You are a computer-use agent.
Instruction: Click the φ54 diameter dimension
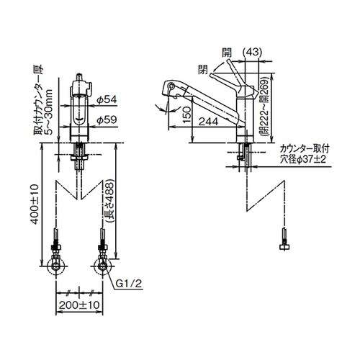tap(107, 99)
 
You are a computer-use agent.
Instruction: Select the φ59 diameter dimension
tap(107, 120)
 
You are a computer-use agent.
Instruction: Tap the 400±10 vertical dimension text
tap(35, 204)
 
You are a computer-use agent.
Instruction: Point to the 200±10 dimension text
tap(79, 305)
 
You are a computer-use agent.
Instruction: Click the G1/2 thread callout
tap(129, 284)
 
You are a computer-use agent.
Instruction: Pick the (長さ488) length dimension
tap(109, 202)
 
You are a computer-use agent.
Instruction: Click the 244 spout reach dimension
tap(208, 122)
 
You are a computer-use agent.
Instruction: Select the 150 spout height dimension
tap(187, 114)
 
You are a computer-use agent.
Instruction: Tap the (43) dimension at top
tap(252, 52)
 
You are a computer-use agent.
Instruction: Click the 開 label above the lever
tap(227, 53)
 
